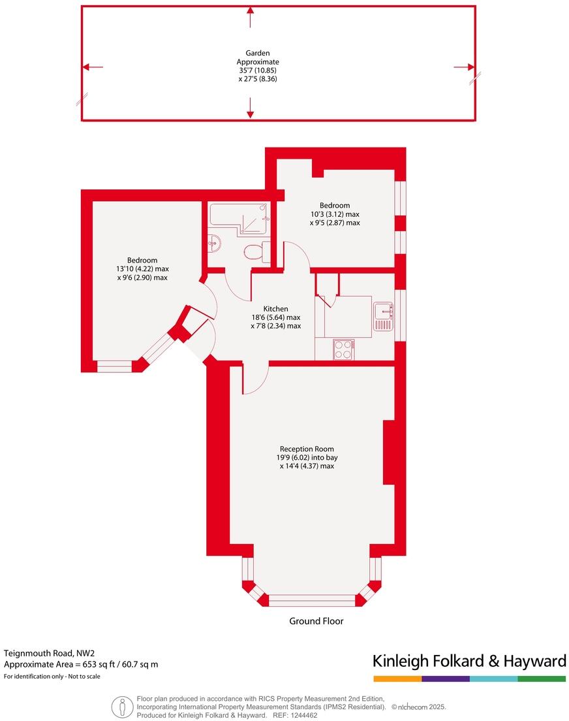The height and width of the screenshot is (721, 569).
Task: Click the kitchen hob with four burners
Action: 343,349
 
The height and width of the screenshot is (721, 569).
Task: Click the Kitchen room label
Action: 275,309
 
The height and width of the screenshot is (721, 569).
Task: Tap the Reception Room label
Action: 307,449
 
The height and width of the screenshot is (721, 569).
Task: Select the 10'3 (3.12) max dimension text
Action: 335,214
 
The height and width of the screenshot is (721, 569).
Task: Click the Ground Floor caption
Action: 316,621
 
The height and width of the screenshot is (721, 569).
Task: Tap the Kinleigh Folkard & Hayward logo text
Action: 469,661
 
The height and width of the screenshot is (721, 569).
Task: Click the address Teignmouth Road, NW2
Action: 49,652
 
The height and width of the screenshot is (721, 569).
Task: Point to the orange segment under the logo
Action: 397,679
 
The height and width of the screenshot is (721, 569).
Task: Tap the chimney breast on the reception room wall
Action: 389,451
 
